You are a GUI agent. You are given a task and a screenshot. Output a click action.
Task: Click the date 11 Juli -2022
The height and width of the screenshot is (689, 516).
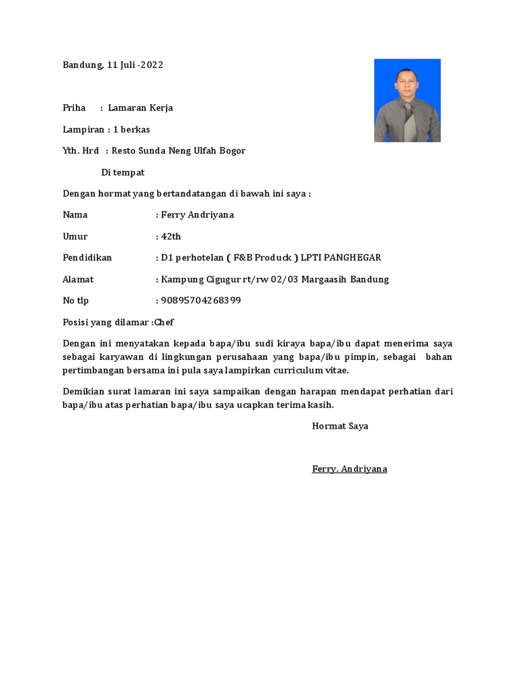[x=135, y=65]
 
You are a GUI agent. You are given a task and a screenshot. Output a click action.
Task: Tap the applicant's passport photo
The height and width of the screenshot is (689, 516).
[x=407, y=100]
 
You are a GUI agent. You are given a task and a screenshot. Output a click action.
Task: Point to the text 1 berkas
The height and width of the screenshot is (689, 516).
[x=132, y=129]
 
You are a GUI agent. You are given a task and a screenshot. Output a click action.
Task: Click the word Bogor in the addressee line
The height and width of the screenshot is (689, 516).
[x=232, y=151]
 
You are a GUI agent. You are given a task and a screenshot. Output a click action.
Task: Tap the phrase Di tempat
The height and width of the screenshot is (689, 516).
[x=123, y=172]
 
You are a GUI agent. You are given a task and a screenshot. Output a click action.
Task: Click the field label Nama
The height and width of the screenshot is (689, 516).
[x=75, y=215]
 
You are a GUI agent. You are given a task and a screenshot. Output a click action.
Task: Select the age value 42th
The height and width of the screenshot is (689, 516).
[x=171, y=237]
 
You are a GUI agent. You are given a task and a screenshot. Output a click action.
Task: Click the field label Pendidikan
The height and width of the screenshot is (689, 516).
[x=87, y=258]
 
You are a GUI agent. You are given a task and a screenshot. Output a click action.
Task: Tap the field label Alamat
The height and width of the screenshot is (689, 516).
[x=78, y=279]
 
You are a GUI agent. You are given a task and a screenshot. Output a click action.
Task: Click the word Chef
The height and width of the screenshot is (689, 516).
[x=164, y=322]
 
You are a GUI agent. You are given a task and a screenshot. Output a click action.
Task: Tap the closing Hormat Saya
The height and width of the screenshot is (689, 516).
[x=340, y=426]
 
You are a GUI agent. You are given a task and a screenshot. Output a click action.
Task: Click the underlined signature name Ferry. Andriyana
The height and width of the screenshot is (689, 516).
[x=349, y=469]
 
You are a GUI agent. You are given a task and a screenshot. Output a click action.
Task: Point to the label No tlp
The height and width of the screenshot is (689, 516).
[x=75, y=301]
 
